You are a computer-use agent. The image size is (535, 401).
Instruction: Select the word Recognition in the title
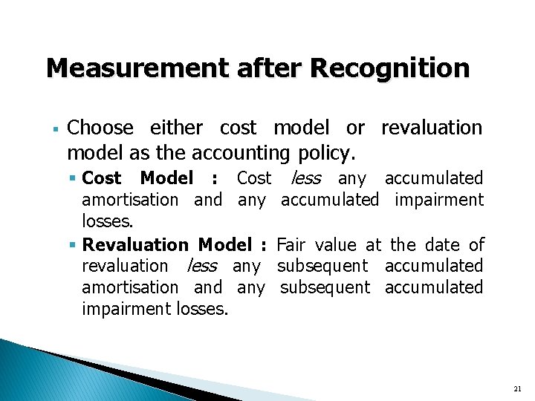pyautogui.click(x=391, y=69)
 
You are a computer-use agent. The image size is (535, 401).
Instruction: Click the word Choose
pyautogui.click(x=100, y=128)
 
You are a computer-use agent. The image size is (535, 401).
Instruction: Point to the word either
pyautogui.click(x=176, y=128)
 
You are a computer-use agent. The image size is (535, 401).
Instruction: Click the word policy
pyautogui.click(x=327, y=154)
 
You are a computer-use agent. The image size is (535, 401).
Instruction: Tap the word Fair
pyautogui.click(x=291, y=244)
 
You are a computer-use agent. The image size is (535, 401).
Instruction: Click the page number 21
pyautogui.click(x=518, y=388)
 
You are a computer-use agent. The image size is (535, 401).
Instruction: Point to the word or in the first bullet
pyautogui.click(x=355, y=128)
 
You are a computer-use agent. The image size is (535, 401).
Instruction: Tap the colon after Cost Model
pyautogui.click(x=215, y=179)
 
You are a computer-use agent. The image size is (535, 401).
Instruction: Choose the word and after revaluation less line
pyautogui.click(x=208, y=287)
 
